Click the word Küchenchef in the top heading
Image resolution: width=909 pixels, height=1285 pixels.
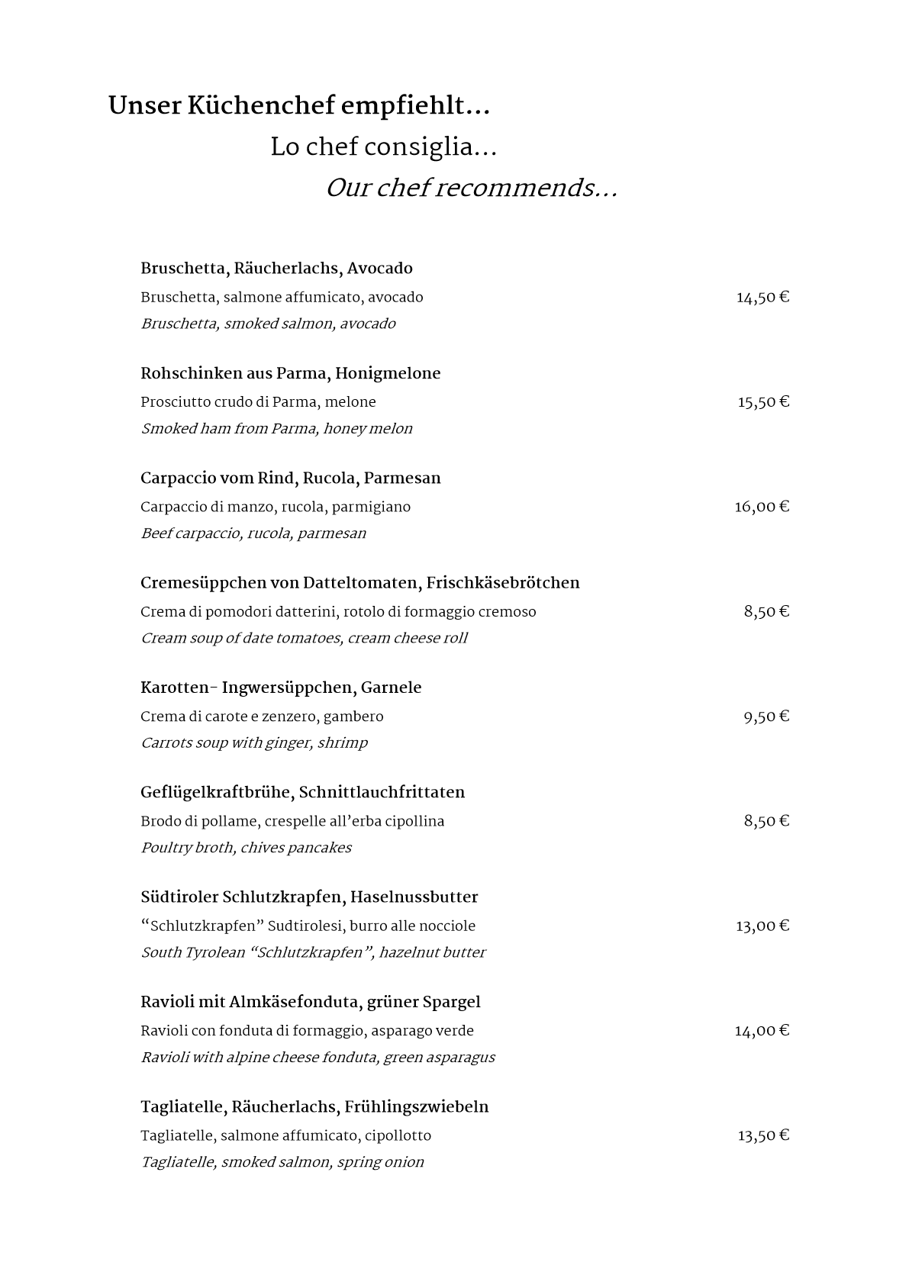[260, 106]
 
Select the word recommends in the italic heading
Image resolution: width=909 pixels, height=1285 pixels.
[526, 188]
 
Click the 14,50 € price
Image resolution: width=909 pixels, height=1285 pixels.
[762, 298]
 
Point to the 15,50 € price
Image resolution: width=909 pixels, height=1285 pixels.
[762, 402]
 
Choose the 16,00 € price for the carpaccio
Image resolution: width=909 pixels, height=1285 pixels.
[762, 507]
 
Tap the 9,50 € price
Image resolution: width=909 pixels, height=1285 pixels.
[766, 717]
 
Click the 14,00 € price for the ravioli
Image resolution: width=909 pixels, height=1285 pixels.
[762, 1031]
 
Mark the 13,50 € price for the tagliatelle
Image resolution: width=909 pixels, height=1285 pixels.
[762, 1135]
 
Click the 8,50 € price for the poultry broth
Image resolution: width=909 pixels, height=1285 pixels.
[766, 821]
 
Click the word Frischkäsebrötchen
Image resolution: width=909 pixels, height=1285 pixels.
[503, 583]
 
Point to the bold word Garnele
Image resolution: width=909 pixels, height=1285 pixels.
[391, 688]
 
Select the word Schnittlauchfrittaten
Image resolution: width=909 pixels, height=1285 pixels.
[382, 793]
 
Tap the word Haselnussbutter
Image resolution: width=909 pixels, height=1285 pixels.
[414, 897]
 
